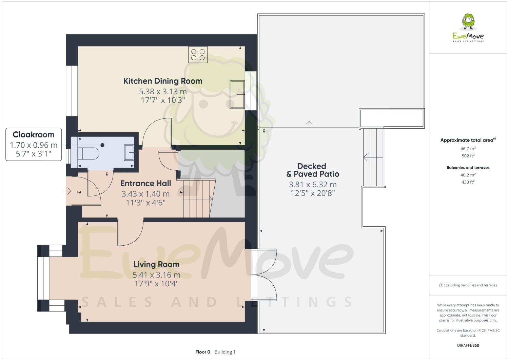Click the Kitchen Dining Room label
(162, 81)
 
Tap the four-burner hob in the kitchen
(198, 55)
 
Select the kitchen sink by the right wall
(237, 94)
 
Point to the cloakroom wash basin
(129, 152)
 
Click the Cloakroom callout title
(34, 134)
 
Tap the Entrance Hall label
(145, 184)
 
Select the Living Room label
(156, 264)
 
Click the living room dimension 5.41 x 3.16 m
(156, 275)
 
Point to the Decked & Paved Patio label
(312, 170)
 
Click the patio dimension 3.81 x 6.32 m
(312, 185)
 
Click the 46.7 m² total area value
(468, 148)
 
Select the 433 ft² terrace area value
(468, 182)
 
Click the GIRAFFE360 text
(468, 346)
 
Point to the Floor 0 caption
(203, 352)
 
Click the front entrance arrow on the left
(68, 192)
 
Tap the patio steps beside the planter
(373, 157)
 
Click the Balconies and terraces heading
(468, 168)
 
